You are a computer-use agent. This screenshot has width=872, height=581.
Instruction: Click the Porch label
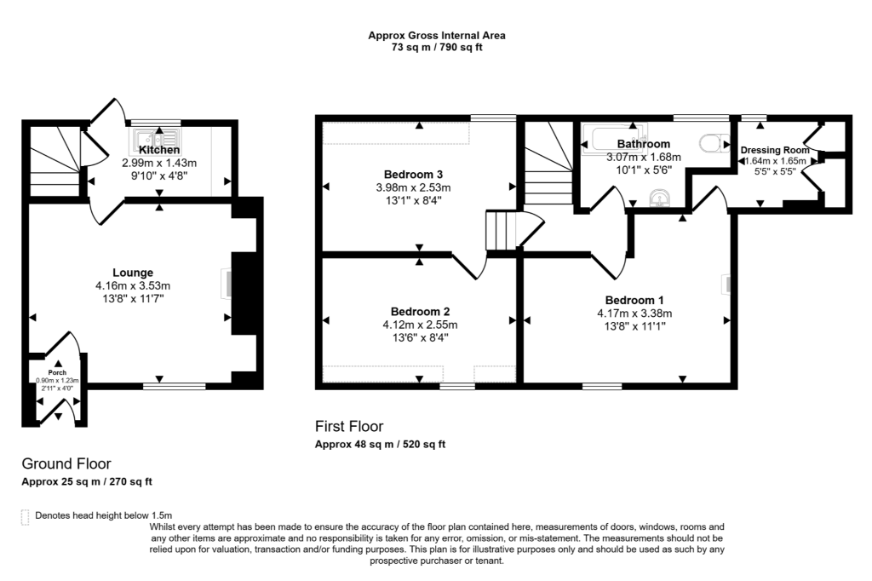click(57, 373)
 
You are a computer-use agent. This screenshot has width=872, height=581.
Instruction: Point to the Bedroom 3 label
click(417, 174)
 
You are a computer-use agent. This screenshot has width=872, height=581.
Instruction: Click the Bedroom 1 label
click(634, 300)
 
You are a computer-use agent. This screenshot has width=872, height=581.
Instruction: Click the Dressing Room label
click(774, 150)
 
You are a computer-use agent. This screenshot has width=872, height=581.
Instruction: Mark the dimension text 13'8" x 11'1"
click(634, 325)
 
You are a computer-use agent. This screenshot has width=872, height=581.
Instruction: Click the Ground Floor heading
click(66, 464)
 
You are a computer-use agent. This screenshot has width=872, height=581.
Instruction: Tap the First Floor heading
click(349, 426)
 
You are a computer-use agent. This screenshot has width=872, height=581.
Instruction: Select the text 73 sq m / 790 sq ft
click(436, 48)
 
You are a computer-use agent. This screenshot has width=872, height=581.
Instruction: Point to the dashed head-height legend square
click(25, 515)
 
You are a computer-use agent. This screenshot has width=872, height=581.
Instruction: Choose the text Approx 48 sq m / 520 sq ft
click(380, 444)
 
